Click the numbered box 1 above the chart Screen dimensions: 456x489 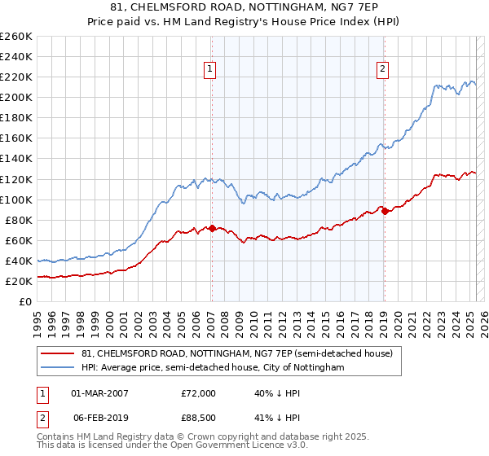(x=210, y=70)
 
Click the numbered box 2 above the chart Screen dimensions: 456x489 (x=382, y=70)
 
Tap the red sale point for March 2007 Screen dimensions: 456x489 (x=212, y=228)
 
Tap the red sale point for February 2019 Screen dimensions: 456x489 (x=385, y=211)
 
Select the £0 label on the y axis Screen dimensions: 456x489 (x=24, y=301)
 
